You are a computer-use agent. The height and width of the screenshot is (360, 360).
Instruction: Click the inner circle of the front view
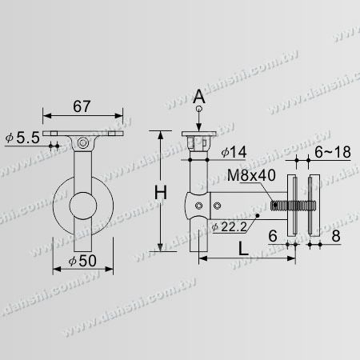coord(83,206)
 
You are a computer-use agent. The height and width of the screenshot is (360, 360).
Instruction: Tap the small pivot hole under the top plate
coord(82,143)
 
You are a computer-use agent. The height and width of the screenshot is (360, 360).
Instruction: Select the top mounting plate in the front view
coord(83,134)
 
